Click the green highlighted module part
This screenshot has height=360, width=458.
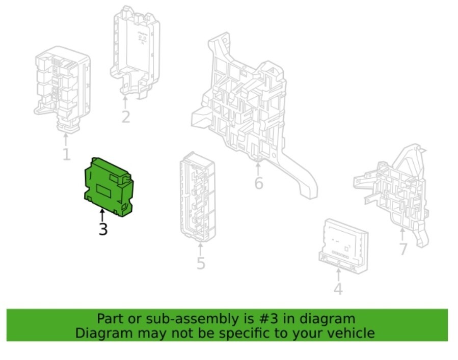109,186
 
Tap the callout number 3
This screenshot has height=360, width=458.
103,230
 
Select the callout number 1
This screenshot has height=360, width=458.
66,154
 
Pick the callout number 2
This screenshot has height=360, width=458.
126,117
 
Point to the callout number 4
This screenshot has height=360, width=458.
338,289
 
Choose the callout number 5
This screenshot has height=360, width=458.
201,263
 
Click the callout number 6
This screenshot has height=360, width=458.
259,183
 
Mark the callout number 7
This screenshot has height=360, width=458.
403,249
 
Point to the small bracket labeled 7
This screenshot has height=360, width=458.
397,188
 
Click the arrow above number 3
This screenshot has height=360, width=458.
102,215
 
